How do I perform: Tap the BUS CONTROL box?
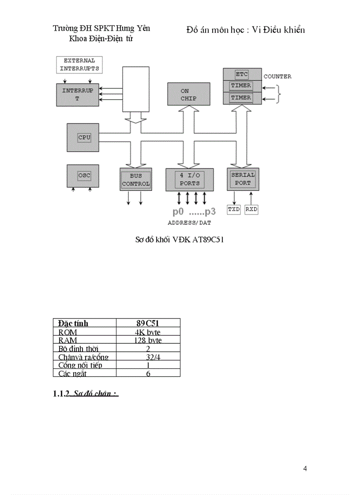tap(136, 179)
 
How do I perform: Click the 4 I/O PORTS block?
tap(190, 179)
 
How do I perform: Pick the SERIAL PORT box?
tap(243, 179)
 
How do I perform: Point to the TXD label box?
tap(234, 209)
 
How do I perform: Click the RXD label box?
tap(251, 209)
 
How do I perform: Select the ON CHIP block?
tap(188, 94)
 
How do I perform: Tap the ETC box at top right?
tap(242, 74)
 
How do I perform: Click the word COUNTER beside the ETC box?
tap(277, 77)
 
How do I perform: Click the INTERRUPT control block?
tap(78, 94)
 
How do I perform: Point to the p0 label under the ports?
tap(178, 212)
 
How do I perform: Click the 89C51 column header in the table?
tap(148, 323)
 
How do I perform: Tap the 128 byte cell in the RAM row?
tap(148, 340)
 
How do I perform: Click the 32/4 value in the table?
tap(148, 357)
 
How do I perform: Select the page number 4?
tap(305, 469)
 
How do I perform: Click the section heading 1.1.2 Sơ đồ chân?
tap(86, 393)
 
